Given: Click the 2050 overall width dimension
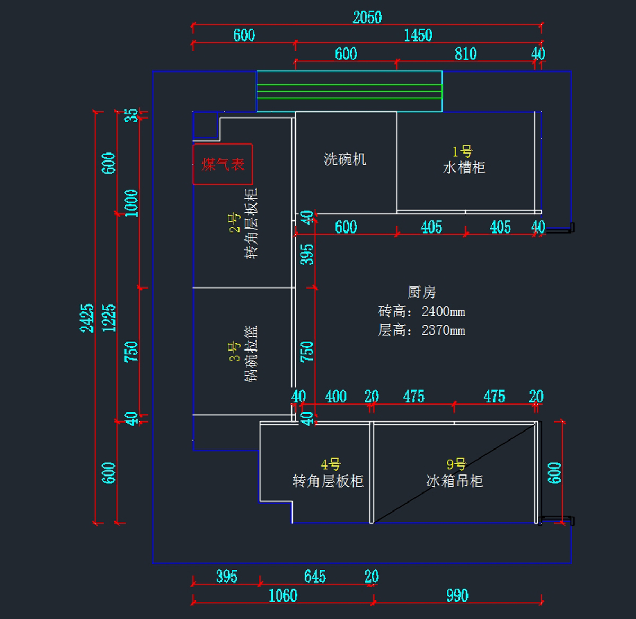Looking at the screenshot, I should click(x=367, y=17).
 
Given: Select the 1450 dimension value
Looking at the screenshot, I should click(x=418, y=35).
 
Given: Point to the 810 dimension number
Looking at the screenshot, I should click(x=465, y=53).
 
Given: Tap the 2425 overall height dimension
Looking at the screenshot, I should click(x=87, y=318).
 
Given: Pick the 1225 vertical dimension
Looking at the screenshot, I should click(x=109, y=318).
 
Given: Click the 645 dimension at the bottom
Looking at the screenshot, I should click(x=315, y=577).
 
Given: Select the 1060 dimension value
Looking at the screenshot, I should click(x=283, y=596).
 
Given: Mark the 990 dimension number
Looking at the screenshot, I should click(x=457, y=596).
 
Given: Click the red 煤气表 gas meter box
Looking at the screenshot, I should click(x=223, y=164).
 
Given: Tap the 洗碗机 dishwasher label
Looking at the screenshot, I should click(x=345, y=159).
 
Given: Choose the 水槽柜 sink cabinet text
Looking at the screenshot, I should click(x=464, y=167).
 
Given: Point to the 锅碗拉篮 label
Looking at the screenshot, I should click(x=251, y=353).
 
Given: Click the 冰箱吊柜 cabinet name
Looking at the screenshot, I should click(x=455, y=481).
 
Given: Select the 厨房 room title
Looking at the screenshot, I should click(x=422, y=292).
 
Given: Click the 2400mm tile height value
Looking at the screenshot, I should click(x=443, y=311).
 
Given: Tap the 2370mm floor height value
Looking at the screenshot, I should click(x=443, y=330).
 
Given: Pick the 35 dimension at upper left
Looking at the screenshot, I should click(x=131, y=115).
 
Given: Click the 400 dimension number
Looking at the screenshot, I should click(x=335, y=397).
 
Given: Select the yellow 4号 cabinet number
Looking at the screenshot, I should click(x=331, y=465).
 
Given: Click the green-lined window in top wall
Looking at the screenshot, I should click(x=349, y=91).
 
